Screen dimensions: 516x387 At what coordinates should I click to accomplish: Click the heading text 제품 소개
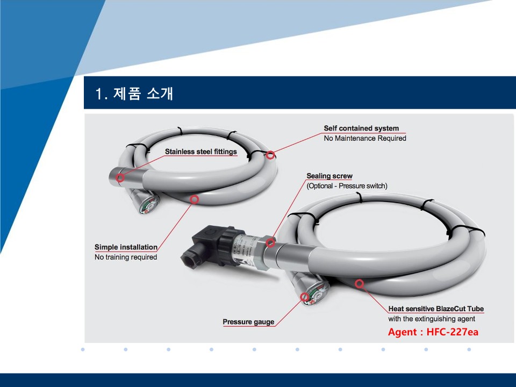(143, 94)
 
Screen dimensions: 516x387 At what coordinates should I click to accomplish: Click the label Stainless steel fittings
(200, 152)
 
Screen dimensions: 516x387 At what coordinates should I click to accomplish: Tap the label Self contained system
(361, 128)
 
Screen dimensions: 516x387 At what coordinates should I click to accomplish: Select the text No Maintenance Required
(365, 138)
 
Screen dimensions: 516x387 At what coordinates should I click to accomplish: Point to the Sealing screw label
(329, 176)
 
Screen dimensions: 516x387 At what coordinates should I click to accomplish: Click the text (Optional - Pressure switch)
(347, 186)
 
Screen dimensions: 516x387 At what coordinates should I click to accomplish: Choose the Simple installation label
(126, 247)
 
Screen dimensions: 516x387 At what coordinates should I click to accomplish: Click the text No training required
(126, 257)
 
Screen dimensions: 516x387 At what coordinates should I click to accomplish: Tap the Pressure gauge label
(248, 322)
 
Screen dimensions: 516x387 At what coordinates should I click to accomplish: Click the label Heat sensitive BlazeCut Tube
(436, 309)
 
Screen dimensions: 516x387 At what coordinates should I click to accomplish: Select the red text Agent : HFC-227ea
(433, 332)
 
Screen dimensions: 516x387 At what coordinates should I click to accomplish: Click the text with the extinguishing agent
(432, 319)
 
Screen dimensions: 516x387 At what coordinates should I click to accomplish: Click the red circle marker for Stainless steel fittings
(120, 178)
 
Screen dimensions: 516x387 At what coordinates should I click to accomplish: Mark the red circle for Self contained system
(270, 155)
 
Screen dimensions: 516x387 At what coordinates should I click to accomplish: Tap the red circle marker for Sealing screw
(270, 243)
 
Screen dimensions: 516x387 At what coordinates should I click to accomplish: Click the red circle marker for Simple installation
(195, 199)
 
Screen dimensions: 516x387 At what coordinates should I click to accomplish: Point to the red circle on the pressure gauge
(305, 297)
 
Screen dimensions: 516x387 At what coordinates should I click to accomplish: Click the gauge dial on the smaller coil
(149, 205)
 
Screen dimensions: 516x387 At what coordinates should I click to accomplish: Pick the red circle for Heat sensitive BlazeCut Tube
(360, 283)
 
